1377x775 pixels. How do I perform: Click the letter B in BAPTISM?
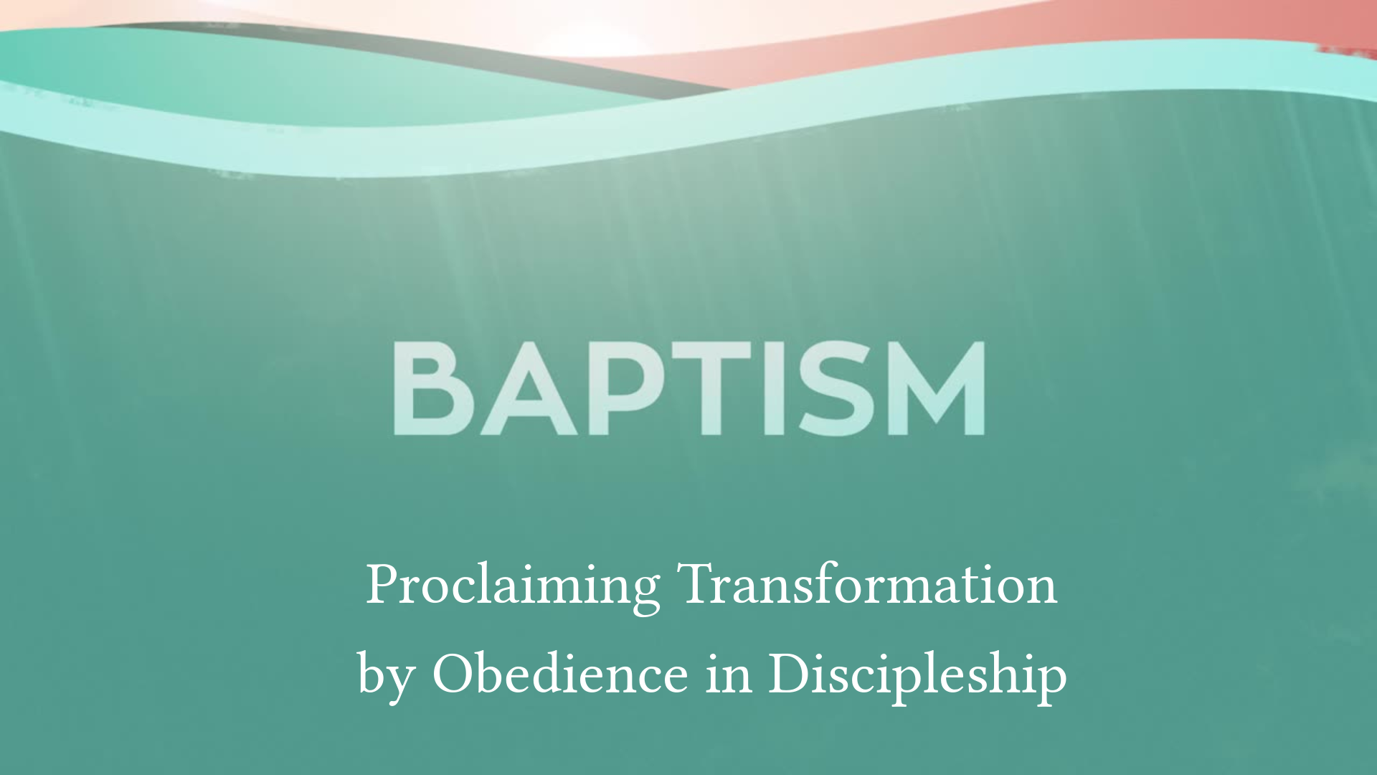(432, 388)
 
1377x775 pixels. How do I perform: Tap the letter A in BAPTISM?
(529, 388)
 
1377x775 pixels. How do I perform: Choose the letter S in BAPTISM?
(836, 388)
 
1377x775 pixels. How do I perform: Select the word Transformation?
(867, 584)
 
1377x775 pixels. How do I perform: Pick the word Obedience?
(560, 674)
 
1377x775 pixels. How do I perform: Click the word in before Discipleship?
(729, 675)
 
